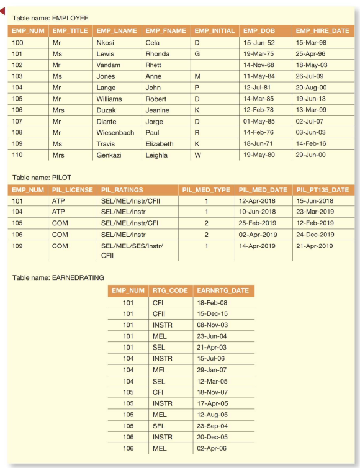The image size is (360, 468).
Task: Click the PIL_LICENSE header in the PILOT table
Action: click(70, 189)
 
